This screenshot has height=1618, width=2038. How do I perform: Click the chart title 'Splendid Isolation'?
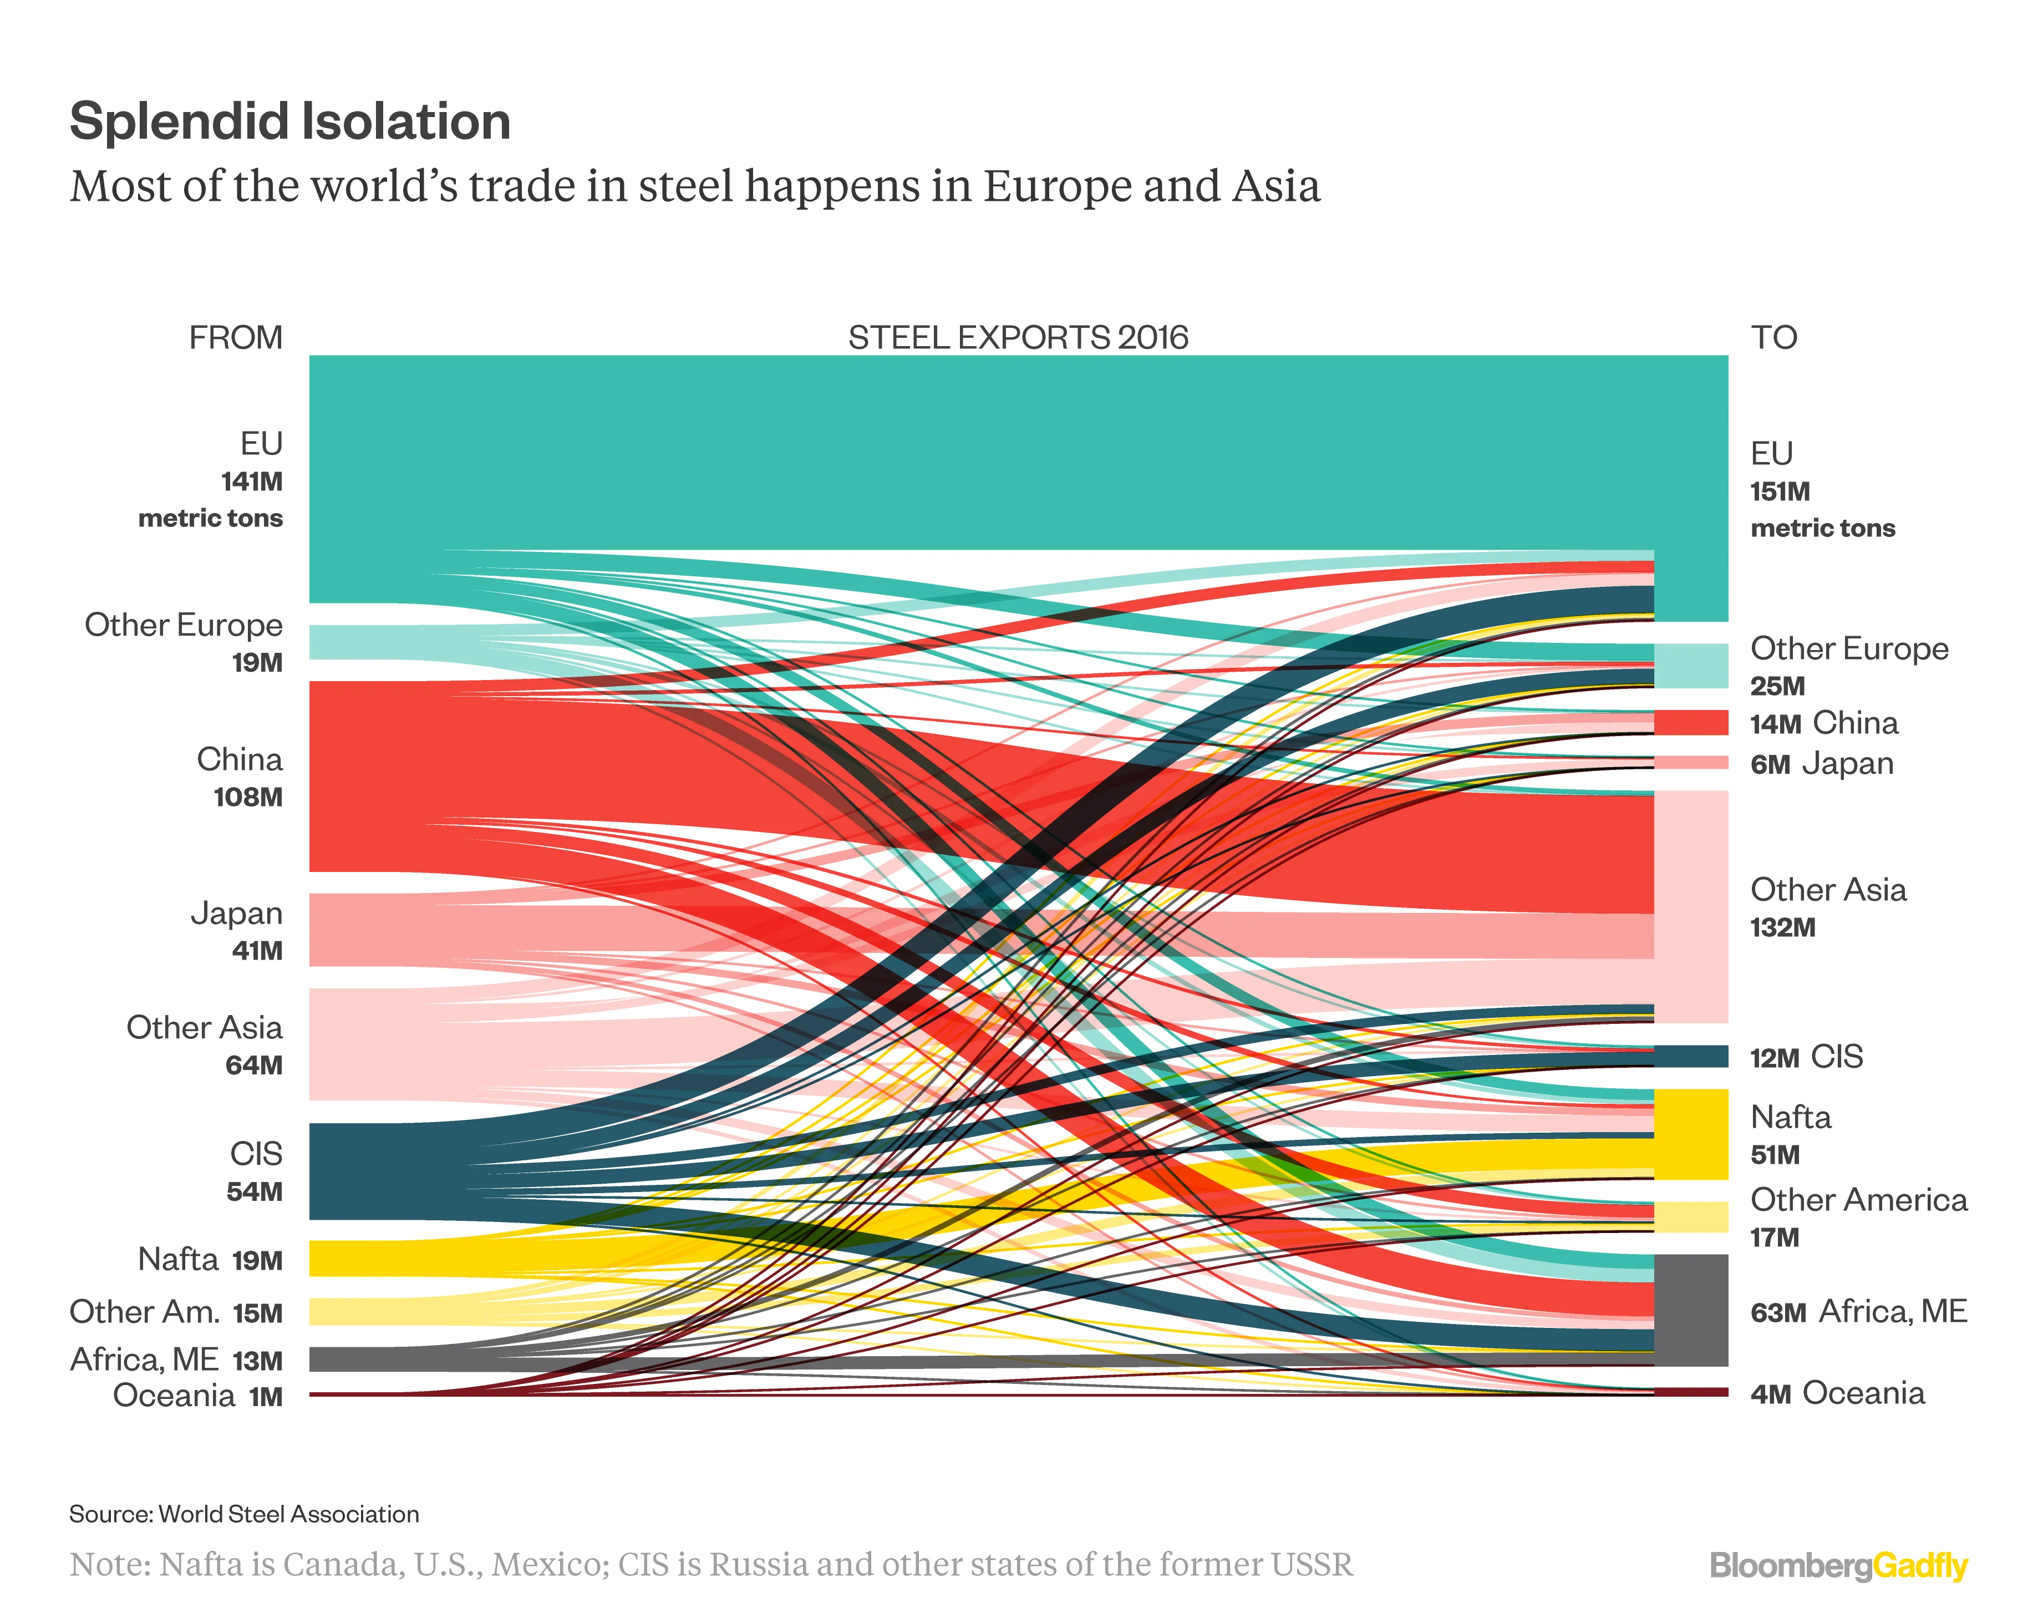click(290, 122)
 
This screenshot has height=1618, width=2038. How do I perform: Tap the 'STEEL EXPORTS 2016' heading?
click(1018, 338)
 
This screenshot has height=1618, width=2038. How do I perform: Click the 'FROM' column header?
click(235, 338)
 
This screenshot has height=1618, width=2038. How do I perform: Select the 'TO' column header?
click(1773, 338)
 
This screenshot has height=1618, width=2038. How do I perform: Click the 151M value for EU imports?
click(1780, 492)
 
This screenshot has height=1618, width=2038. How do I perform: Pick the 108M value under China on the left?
click(248, 797)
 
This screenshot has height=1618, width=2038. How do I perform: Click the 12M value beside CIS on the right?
click(1774, 1058)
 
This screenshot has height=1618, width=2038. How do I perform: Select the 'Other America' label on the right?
click(1858, 1200)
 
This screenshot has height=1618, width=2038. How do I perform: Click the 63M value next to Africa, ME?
click(1778, 1312)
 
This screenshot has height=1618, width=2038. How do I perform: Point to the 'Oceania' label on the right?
click(1863, 1393)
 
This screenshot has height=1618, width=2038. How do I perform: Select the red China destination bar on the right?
click(1691, 723)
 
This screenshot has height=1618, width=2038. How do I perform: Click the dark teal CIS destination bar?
click(1691, 1056)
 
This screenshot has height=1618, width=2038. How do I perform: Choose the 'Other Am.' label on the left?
click(145, 1312)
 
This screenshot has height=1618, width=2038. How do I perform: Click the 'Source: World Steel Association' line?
click(244, 1514)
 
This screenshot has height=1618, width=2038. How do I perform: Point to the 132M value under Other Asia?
click(1782, 927)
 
